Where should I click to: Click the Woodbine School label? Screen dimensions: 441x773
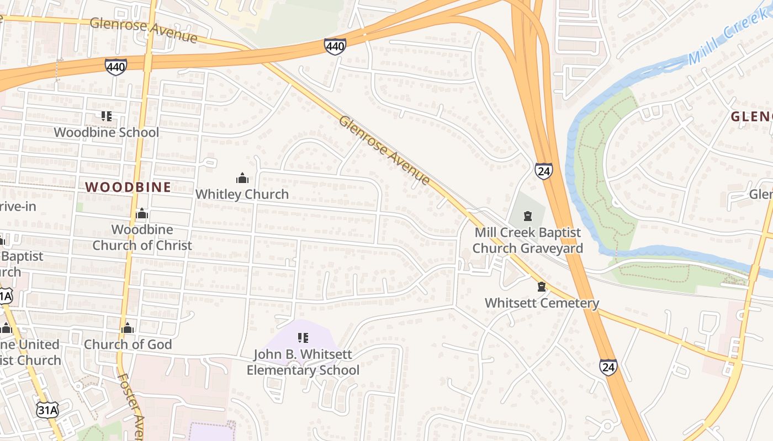click(106, 132)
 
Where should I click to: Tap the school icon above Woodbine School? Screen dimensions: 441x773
click(107, 116)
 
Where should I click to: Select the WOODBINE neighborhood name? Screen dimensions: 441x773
click(128, 187)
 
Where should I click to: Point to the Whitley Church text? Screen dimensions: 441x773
click(242, 194)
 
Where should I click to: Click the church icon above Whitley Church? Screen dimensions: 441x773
click(242, 178)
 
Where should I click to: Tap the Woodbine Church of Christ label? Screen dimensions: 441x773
click(142, 237)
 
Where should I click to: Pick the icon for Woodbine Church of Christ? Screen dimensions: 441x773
click(142, 213)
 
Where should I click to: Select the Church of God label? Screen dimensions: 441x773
click(128, 344)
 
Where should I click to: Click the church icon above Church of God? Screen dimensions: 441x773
click(128, 329)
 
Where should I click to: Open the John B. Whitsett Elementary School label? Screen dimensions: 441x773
click(303, 362)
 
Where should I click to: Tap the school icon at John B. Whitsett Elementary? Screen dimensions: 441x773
click(303, 337)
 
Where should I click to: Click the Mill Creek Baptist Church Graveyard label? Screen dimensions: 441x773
click(528, 240)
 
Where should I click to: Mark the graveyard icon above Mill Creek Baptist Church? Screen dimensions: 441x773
click(528, 216)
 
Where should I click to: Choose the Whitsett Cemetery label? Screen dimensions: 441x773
click(542, 303)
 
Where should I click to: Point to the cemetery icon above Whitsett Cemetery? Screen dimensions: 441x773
click(542, 287)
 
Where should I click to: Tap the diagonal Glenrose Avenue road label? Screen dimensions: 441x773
click(384, 150)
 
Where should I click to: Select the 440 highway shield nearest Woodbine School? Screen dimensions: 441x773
click(115, 67)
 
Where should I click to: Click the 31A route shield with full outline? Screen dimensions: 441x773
click(47, 410)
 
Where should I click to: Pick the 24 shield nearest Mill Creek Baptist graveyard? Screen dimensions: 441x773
click(543, 171)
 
